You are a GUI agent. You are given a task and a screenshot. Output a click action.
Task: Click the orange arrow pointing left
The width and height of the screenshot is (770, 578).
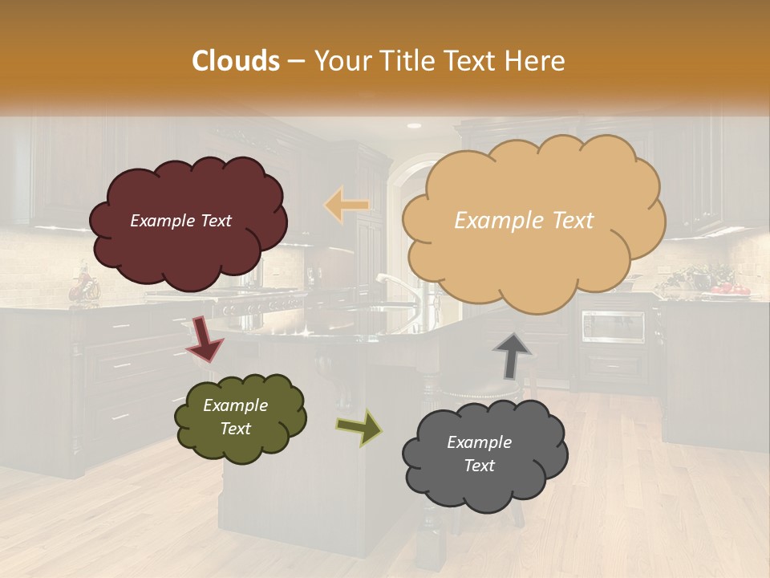tap(347, 205)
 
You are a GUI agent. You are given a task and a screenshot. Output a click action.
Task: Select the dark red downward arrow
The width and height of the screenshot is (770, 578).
tap(205, 338)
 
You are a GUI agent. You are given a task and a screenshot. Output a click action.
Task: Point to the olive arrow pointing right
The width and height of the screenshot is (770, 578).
tap(359, 427)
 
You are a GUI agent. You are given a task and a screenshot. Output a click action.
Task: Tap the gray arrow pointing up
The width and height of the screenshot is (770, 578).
tap(513, 354)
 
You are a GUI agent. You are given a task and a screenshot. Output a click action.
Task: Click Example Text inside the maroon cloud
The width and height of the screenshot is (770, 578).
tap(180, 221)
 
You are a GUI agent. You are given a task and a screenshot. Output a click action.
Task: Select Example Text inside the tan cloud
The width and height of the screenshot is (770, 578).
tap(524, 221)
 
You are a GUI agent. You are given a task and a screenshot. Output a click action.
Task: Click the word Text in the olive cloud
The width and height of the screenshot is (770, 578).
tap(235, 429)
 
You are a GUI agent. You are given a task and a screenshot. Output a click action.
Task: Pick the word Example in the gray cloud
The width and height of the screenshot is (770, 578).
tap(479, 442)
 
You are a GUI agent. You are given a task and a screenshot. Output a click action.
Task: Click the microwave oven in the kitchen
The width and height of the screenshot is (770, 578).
tap(613, 326)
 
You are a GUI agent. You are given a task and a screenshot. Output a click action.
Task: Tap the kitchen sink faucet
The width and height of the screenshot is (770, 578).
tap(399, 289)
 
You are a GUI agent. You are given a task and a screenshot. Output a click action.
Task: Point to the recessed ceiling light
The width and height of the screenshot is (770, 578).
tap(414, 126)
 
